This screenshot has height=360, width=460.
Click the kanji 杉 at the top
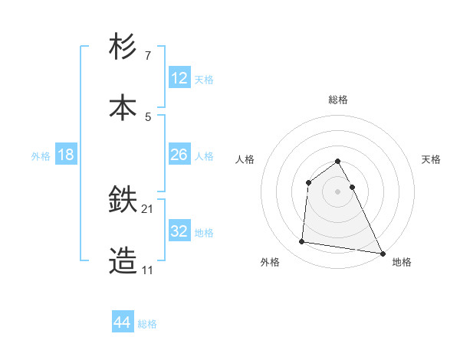click(x=123, y=47)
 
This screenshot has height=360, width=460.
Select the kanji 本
click(x=123, y=106)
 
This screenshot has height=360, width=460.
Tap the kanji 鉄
click(x=123, y=201)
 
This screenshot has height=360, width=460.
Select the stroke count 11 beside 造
click(x=148, y=270)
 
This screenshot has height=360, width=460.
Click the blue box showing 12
click(x=179, y=78)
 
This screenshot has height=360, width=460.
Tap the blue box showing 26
click(x=179, y=155)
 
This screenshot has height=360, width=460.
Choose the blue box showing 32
click(x=179, y=231)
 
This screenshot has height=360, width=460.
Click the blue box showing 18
click(x=66, y=155)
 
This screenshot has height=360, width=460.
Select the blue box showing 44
click(x=123, y=322)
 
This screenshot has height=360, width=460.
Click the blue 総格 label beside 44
click(x=147, y=324)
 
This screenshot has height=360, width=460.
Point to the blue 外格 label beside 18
click(x=41, y=156)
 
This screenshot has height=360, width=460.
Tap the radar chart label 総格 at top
click(x=338, y=100)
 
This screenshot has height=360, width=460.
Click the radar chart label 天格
click(x=431, y=159)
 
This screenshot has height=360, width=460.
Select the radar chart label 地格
click(x=402, y=263)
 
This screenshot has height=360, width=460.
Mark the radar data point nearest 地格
click(x=382, y=253)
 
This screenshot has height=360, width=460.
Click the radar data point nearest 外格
click(x=302, y=242)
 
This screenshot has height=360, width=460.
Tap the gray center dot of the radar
click(x=338, y=191)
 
